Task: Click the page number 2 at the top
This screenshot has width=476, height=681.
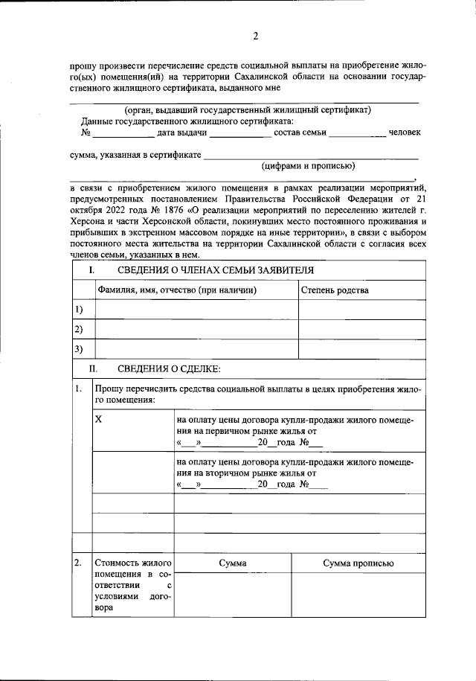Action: (255, 36)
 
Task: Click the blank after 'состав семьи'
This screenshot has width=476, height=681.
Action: (357, 134)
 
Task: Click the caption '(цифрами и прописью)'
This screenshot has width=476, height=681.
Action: (308, 165)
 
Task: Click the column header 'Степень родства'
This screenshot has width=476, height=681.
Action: (334, 290)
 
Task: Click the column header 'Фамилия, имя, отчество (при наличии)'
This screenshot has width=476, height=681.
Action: (177, 290)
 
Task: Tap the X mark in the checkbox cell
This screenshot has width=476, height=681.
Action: (99, 420)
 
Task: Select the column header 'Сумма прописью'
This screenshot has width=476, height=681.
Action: (358, 563)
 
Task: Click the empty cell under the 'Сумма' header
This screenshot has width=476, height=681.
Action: (232, 595)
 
